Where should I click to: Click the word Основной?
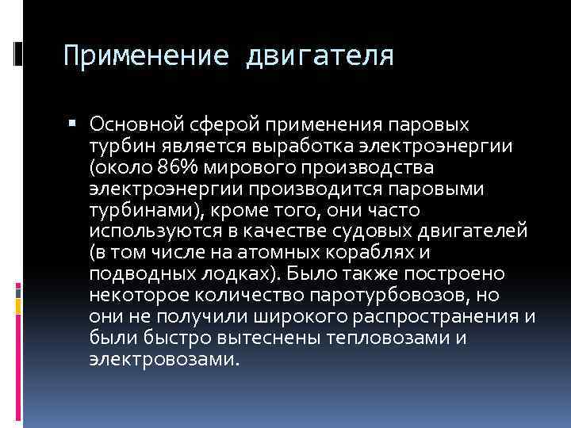click(x=136, y=124)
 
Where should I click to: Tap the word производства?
click(x=371, y=168)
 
